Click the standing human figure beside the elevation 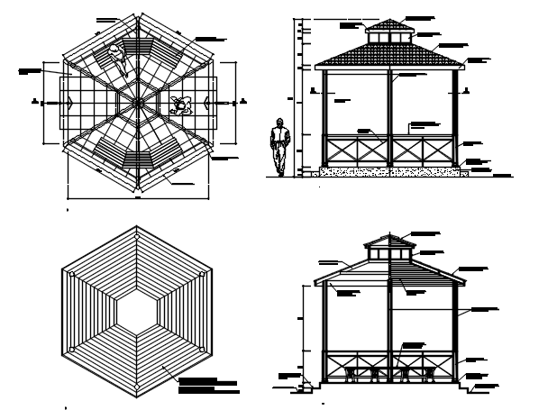pos(281,148)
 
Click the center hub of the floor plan pos(138,103)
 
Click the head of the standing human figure pos(281,123)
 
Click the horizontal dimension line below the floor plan pos(138,197)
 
